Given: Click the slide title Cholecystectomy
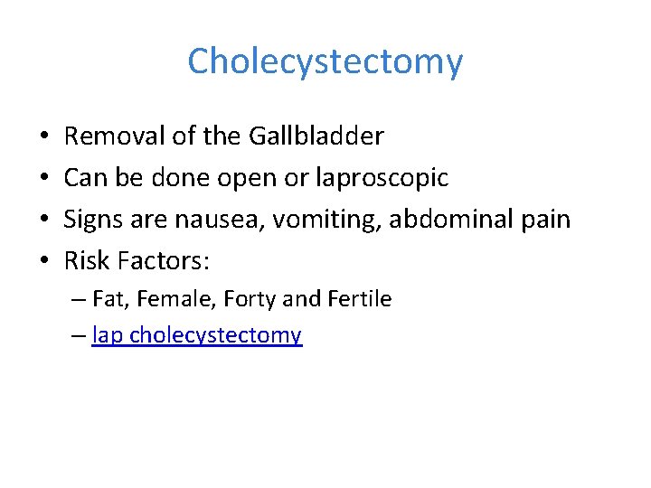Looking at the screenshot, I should click(x=325, y=61).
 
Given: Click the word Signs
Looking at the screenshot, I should click(x=91, y=220).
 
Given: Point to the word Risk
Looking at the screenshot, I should click(x=85, y=261).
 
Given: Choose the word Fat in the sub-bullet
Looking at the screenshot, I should click(x=107, y=299).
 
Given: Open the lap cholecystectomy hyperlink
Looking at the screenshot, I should click(x=197, y=335).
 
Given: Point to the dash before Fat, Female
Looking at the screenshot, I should click(x=79, y=299).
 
